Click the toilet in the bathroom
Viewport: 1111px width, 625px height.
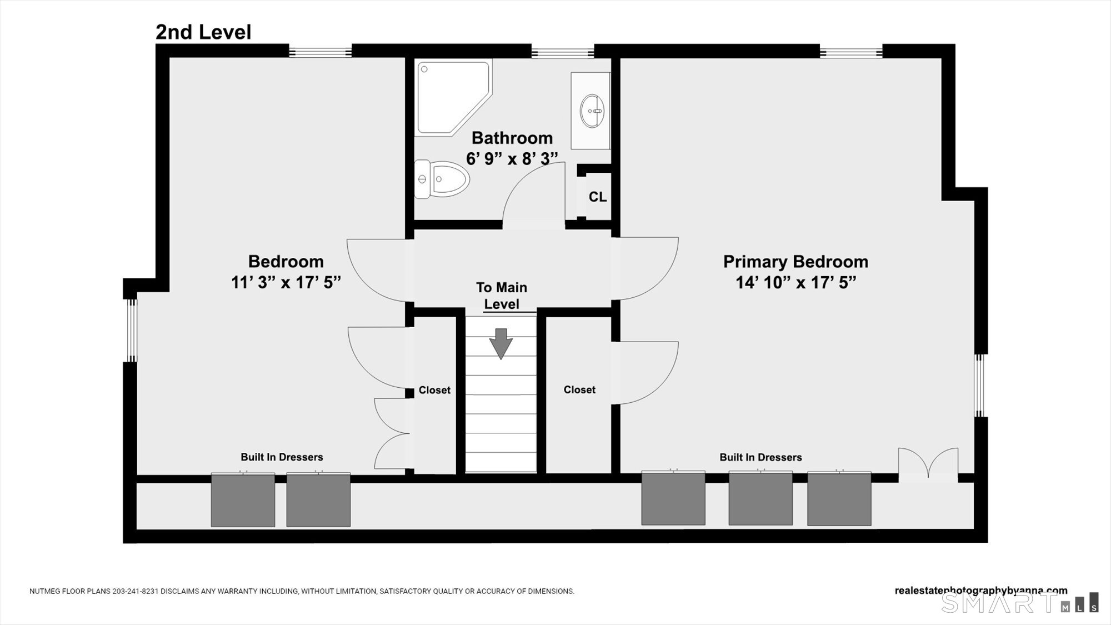(443, 179)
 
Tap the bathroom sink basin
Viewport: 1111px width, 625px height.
(592, 111)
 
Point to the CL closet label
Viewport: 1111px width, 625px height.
(597, 197)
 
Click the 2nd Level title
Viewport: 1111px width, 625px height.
(203, 32)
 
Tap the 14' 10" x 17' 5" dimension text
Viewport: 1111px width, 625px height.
(795, 283)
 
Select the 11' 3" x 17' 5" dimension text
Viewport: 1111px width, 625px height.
(286, 283)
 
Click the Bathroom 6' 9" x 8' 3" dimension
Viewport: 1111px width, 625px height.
(512, 159)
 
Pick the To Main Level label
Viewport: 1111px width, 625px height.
(502, 296)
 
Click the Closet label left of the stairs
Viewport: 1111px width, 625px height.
(434, 390)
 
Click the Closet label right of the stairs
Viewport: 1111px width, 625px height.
(579, 390)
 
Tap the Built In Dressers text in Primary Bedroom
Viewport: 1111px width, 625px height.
(760, 457)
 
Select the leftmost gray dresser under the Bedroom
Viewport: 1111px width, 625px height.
(243, 500)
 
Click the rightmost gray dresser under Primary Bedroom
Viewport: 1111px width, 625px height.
(839, 498)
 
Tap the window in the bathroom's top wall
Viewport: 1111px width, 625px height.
(563, 53)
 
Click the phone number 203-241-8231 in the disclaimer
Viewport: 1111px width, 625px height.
(136, 591)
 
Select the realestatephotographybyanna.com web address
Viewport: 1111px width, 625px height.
(980, 591)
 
